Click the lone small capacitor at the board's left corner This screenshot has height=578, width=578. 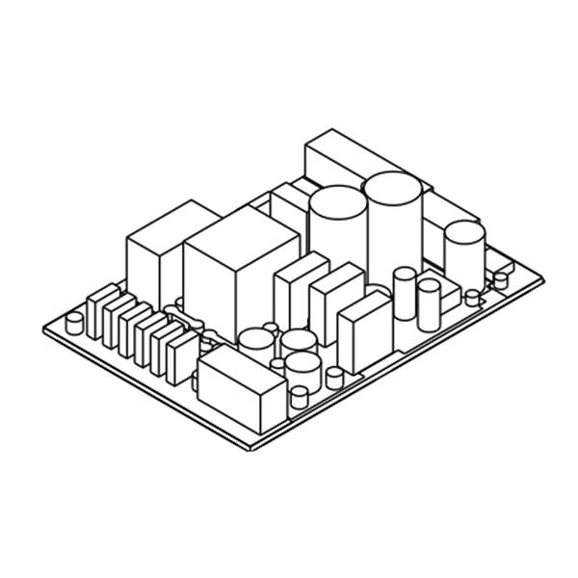click(x=73, y=320)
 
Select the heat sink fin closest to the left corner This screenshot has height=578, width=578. click(x=100, y=310)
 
